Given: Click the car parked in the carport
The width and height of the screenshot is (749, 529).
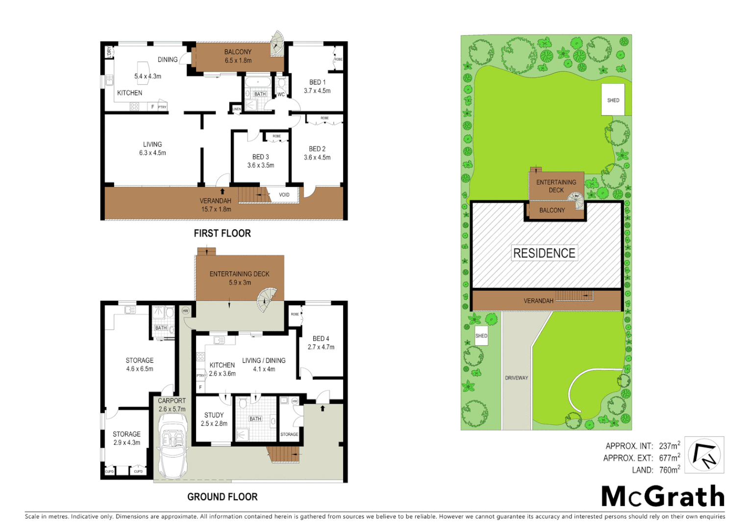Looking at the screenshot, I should tap(172, 446).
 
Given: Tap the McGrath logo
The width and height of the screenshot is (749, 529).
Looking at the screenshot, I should tap(663, 496).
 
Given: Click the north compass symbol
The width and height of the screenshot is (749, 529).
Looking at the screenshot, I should tap(704, 455).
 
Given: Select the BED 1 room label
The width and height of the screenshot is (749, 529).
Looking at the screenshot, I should tap(317, 82).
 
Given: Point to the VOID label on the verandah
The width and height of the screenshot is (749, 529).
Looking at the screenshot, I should tap(284, 195).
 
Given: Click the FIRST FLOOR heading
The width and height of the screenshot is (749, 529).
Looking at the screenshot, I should tap(222, 234).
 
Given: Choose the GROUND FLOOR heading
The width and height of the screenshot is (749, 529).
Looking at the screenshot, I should tap(222, 497).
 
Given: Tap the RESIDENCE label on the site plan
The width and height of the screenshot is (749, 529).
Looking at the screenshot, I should tap(544, 253).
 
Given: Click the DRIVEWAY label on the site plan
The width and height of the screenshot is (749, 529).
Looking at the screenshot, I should tap(517, 378).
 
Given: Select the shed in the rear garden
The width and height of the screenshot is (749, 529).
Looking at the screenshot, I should tap(613, 100).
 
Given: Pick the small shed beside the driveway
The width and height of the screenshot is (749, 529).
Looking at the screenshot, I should tap(481, 336).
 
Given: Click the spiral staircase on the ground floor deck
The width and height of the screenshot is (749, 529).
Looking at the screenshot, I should tap(267, 299).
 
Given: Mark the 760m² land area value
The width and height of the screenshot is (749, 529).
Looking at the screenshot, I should tap(669, 470).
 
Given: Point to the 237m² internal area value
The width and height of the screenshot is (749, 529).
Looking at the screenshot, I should tap(669, 446).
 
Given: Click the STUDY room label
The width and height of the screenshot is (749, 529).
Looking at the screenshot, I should tap(214, 415).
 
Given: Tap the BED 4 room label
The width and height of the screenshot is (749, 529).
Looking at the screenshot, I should tap(321, 338).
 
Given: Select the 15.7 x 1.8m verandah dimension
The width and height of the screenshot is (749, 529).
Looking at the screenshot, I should tap(216, 209).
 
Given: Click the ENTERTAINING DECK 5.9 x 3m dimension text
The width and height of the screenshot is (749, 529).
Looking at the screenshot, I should tap(240, 283).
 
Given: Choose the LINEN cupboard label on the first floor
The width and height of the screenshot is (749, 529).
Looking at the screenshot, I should tap(237, 109).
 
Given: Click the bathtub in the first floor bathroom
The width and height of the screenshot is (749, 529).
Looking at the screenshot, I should tap(257, 81).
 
